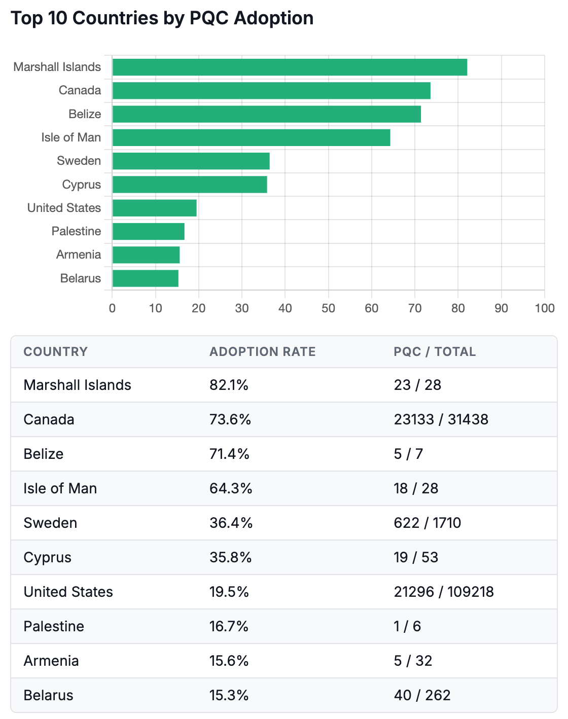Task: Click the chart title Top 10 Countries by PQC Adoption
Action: coord(162,18)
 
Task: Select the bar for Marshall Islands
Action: coord(289,67)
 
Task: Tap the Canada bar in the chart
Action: coord(271,91)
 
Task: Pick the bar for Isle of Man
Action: coord(251,137)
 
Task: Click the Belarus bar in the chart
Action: coord(145,278)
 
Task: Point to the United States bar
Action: coord(154,208)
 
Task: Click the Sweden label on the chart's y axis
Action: coord(79,161)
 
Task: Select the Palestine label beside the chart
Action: coord(76,231)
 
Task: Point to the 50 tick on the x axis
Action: coord(328,308)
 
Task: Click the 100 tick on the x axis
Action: coord(544,308)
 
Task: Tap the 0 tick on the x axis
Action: coord(112,308)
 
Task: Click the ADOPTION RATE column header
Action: coord(262,352)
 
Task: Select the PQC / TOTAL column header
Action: coord(435,352)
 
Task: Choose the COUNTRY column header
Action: coord(55,352)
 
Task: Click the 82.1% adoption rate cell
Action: coord(229,385)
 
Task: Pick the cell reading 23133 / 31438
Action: coord(441,419)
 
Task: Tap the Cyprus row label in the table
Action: coord(47,557)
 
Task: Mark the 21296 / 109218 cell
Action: coord(443,592)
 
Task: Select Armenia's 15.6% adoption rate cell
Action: coord(229,661)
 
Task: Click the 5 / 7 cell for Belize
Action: coord(408,454)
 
